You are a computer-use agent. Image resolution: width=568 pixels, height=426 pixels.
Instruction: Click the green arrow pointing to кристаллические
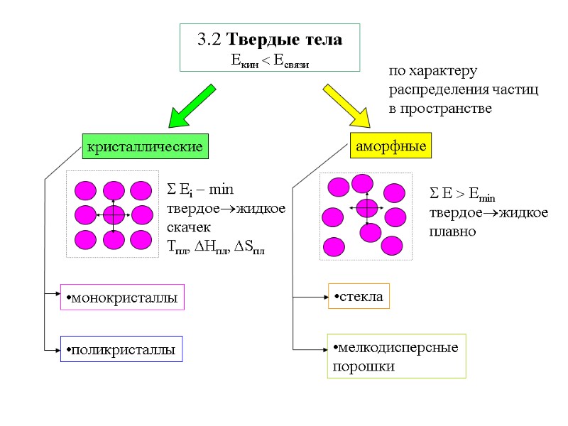(192, 105)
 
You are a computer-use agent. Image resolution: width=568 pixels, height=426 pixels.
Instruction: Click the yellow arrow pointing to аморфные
(346, 105)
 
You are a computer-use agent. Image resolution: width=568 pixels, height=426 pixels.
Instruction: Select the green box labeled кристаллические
(145, 146)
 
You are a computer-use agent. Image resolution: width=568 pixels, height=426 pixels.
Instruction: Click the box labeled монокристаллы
(122, 297)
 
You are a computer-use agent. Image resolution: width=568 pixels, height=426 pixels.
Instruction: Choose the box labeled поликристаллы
(121, 349)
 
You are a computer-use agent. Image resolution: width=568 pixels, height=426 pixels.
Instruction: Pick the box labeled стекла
(359, 296)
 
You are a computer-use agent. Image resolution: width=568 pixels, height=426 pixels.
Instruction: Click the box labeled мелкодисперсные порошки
(396, 356)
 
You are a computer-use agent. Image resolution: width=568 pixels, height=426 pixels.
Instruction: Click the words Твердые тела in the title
(290, 40)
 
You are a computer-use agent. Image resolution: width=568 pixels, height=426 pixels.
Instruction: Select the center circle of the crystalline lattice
(114, 214)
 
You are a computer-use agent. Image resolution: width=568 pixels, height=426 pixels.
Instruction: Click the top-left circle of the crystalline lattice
(86, 190)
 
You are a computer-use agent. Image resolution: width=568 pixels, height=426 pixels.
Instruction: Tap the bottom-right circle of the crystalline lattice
(141, 239)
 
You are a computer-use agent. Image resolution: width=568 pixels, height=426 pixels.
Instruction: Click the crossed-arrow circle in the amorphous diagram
(367, 208)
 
